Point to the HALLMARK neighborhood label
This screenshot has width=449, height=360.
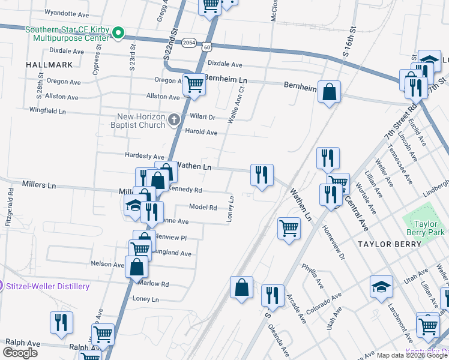49,64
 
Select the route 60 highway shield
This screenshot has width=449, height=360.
206,46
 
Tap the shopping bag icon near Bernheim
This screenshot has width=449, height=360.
329,92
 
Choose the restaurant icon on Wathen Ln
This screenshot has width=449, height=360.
262,175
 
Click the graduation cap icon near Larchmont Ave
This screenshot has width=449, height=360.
381,286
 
